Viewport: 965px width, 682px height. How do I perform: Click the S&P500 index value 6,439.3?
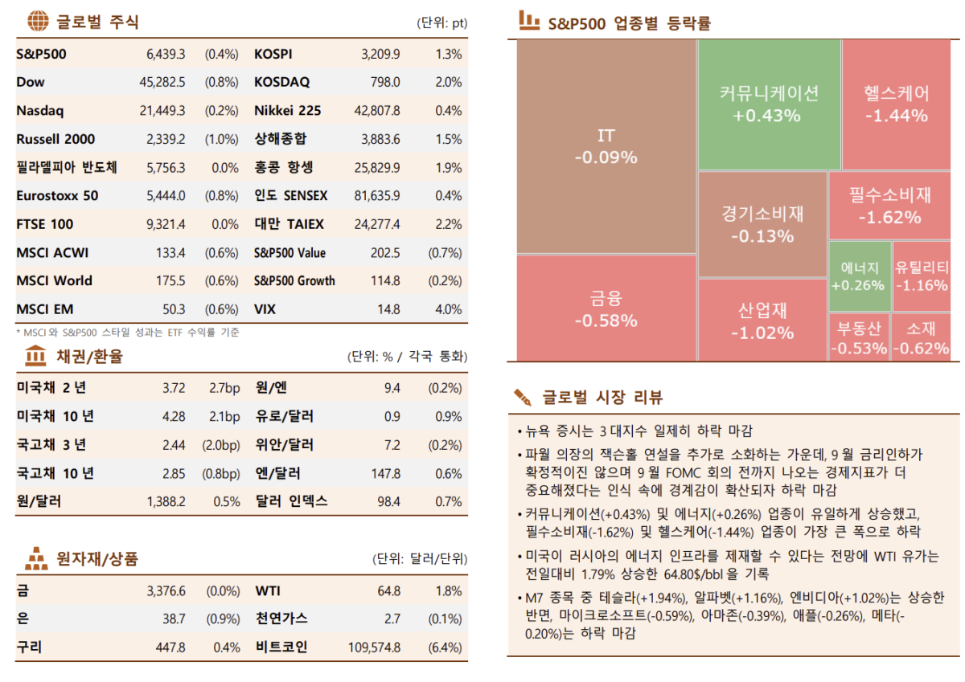[166, 55]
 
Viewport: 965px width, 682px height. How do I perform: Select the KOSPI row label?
[273, 55]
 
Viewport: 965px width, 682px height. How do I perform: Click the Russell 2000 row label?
[49, 139]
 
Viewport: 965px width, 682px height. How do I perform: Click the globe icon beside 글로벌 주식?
[36, 21]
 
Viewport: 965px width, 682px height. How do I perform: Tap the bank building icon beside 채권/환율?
[36, 355]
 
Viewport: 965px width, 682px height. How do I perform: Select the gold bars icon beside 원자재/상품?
[36, 558]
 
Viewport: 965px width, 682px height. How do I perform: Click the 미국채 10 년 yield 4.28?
[174, 416]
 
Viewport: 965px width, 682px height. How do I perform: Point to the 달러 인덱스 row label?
[291, 501]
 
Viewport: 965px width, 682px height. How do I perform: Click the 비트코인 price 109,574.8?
[374, 647]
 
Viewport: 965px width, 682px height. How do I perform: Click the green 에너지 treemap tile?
[859, 276]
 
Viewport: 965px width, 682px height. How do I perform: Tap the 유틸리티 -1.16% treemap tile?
[922, 276]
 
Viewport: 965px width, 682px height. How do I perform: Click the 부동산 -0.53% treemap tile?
[859, 337]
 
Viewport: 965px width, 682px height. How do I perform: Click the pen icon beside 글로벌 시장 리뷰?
[523, 397]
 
